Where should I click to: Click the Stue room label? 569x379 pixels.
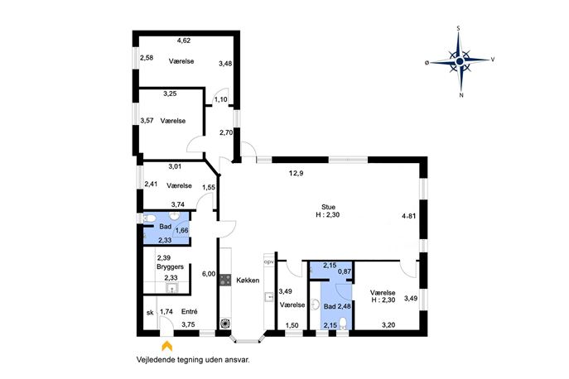328,207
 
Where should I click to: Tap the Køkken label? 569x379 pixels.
248,280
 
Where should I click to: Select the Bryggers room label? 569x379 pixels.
170,267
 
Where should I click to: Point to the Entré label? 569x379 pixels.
190,311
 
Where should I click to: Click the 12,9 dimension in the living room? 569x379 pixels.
297,173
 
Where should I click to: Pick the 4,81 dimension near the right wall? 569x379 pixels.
409,216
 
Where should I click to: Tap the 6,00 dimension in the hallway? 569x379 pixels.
209,274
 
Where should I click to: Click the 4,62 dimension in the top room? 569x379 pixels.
184,41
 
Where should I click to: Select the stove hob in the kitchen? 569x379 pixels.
225,280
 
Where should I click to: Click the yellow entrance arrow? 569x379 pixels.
167,346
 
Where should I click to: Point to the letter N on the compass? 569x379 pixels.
461,96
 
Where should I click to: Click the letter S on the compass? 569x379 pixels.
459,28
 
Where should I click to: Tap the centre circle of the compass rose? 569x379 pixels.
460,61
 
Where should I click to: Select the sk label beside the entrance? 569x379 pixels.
150,312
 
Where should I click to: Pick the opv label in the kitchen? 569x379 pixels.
269,261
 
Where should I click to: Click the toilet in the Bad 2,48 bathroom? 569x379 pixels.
343,324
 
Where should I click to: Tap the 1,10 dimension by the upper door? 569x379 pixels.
220,99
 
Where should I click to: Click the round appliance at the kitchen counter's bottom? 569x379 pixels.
225,323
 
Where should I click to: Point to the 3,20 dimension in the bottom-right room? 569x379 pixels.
388,325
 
